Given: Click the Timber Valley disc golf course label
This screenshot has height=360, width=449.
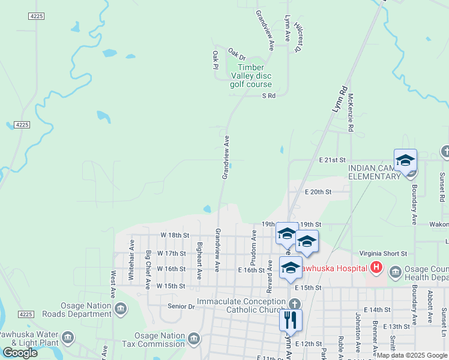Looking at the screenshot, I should tap(251, 76).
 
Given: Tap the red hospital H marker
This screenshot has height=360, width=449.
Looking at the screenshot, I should tap(376, 268).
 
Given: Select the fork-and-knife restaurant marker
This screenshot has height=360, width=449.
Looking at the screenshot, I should tap(291, 320).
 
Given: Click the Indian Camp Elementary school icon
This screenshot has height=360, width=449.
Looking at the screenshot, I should tap(405, 161).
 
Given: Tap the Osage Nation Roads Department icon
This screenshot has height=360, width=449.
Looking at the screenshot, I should tap(120, 309).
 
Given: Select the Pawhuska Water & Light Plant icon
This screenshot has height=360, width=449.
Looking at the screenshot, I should tap(68, 338).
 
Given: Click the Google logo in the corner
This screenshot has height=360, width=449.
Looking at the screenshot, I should tap(20, 352).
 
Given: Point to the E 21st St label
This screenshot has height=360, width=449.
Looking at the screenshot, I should tap(333, 160).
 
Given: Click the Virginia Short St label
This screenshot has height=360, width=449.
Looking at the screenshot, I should tap(383, 254).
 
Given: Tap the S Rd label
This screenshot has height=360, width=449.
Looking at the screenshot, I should tap(268, 95).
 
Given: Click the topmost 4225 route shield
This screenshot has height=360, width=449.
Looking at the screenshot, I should tap(35, 16).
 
